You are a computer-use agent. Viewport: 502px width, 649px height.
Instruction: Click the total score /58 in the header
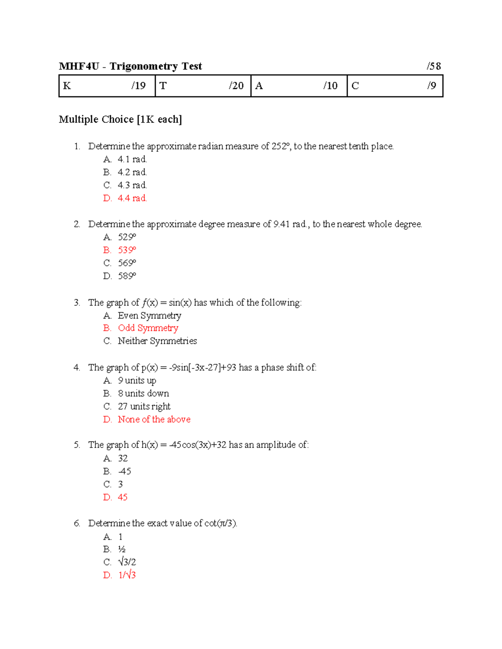pos(434,66)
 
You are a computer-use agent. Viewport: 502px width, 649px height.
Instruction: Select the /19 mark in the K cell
pos(138,86)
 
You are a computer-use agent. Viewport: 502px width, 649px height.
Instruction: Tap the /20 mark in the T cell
pos(236,86)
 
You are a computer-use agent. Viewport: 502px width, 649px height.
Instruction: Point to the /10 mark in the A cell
pos(330,86)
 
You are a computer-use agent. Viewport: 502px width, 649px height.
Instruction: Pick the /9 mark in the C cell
pos(431,86)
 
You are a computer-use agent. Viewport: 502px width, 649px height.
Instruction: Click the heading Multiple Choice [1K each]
pos(120,120)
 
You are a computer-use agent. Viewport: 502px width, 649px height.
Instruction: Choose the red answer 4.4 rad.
pos(132,198)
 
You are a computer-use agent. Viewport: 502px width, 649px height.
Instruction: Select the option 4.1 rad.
pos(132,159)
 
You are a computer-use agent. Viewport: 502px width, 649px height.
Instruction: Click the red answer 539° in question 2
pos(127,250)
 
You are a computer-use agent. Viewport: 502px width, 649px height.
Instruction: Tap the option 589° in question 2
pos(127,276)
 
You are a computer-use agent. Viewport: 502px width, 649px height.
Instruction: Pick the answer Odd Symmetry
pos(148,328)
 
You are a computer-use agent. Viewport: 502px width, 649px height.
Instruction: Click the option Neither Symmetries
pos(157,341)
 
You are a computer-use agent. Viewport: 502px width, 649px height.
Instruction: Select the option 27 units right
pos(144,406)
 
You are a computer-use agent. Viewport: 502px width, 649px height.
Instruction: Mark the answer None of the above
pos(154,419)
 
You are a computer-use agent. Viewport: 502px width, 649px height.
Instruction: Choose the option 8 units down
pos(143,393)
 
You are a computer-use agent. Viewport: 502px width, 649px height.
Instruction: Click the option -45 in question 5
pos(125,471)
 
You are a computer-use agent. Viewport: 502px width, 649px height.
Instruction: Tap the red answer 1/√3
pos(127,575)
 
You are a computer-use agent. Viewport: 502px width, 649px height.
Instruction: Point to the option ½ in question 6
pos(122,549)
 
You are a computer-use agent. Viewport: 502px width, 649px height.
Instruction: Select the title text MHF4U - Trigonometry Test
pos(131,66)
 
